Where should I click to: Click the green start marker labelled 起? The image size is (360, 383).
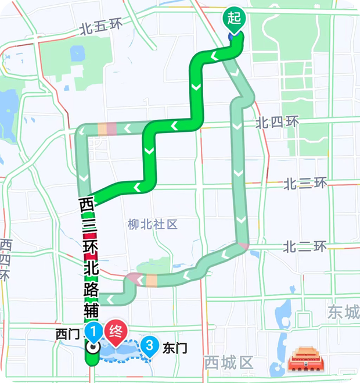pyautogui.click(x=235, y=19)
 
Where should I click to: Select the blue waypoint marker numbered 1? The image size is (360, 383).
pyautogui.click(x=92, y=332)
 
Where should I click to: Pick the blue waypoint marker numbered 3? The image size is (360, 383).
pyautogui.click(x=150, y=347)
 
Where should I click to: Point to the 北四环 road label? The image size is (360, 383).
pyautogui.click(x=278, y=123)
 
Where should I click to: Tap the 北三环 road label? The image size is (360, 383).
pyautogui.click(x=305, y=184)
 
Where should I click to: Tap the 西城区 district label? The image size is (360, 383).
pyautogui.click(x=229, y=363)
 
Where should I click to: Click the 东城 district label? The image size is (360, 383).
pyautogui.click(x=343, y=312)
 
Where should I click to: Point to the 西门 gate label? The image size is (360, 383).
pyautogui.click(x=67, y=334)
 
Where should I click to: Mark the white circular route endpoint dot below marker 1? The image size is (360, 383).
pyautogui.click(x=92, y=348)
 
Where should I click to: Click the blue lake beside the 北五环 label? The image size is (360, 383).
pyautogui.click(x=78, y=54)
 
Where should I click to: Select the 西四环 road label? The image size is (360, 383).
pyautogui.click(x=6, y=259)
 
